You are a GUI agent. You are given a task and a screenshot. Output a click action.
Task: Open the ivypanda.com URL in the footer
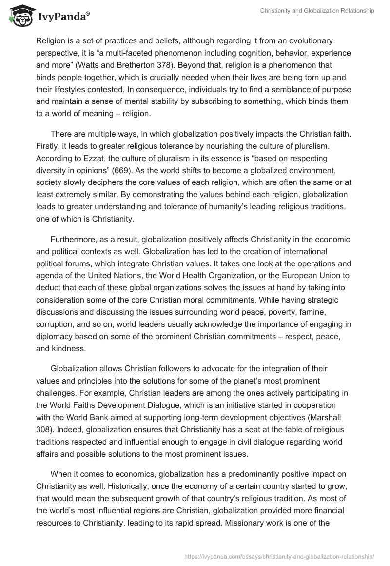tap(279, 555)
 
